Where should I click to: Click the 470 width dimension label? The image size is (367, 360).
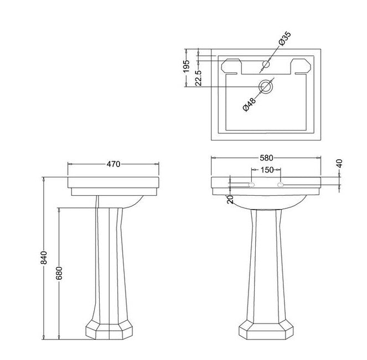pyautogui.click(x=113, y=164)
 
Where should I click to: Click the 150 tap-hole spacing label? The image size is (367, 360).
pyautogui.click(x=267, y=170)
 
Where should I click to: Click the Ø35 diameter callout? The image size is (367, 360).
pyautogui.click(x=284, y=40)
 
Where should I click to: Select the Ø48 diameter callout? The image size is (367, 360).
pyautogui.click(x=250, y=103)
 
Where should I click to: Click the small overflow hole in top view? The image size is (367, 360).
pyautogui.click(x=266, y=65)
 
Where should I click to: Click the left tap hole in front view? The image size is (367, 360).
pyautogui.click(x=251, y=184)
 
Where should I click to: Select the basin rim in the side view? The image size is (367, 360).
pyautogui.click(x=113, y=182)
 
